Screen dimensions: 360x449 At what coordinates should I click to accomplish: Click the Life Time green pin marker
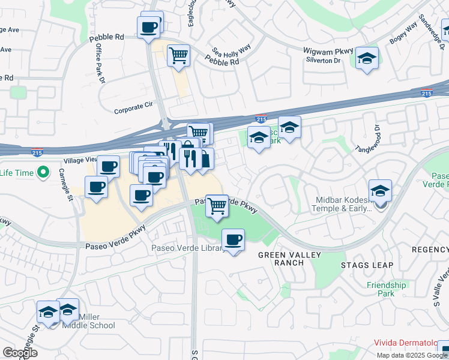tap(43, 174)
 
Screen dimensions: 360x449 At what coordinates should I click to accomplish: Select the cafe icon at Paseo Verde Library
tap(234, 241)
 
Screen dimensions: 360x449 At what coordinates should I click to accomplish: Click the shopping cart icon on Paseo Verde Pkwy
tap(217, 206)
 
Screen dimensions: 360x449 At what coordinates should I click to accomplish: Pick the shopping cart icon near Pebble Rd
tap(178, 56)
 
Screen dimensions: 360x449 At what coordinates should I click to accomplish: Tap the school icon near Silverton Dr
tap(367, 58)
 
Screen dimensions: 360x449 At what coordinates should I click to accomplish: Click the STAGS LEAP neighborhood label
tap(367, 265)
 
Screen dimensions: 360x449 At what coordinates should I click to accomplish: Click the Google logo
tap(20, 353)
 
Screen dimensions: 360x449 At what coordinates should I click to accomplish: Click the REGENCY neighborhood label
tap(430, 249)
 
